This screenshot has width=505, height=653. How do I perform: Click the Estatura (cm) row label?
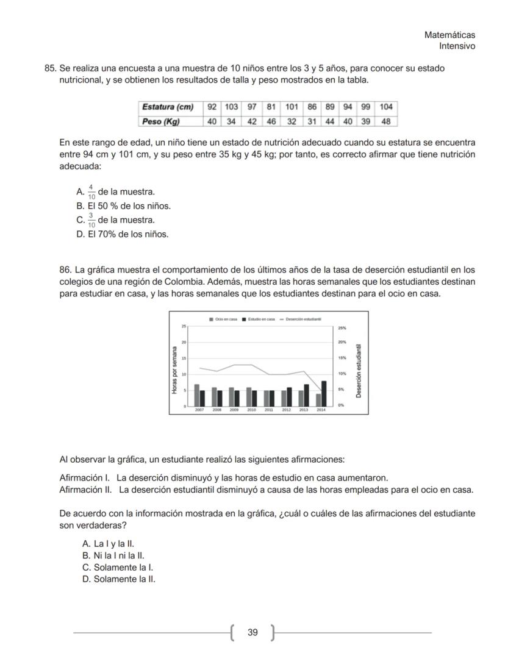point(168,107)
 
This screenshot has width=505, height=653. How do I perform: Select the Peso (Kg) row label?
point(161,121)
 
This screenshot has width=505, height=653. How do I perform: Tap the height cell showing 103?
point(231,107)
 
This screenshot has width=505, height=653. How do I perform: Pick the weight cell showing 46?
point(271,121)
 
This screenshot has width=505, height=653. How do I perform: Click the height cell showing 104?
point(385,107)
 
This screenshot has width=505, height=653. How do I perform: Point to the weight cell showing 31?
point(312,121)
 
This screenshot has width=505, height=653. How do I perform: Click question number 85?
point(51,68)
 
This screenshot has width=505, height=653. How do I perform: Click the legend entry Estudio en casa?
point(259,319)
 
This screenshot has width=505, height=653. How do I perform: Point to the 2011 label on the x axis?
point(269,411)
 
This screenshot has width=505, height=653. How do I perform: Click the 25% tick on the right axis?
point(342,327)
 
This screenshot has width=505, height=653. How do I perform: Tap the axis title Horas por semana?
point(176,369)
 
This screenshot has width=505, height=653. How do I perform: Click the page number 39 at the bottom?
point(253,633)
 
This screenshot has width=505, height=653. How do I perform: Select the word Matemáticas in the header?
point(449,35)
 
